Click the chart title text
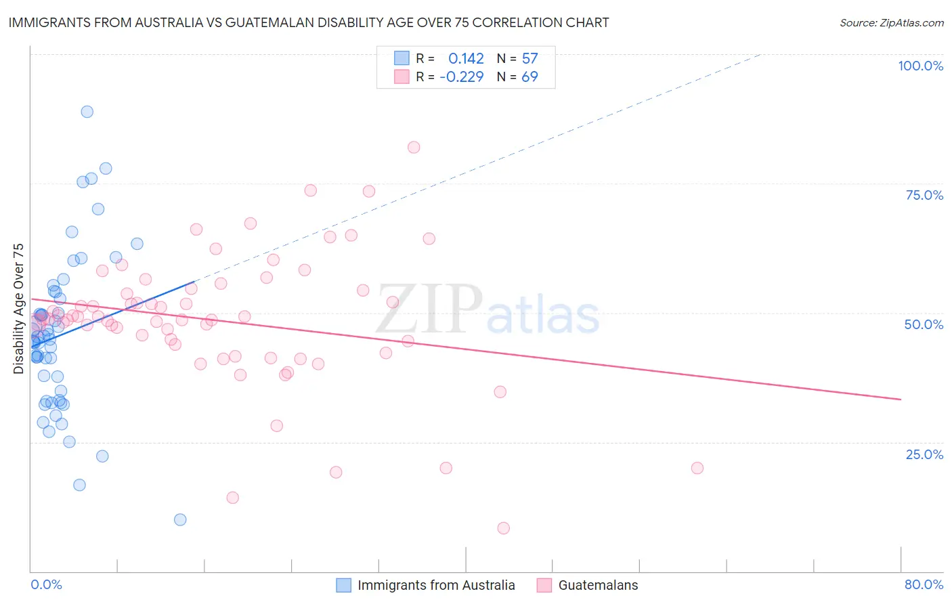309,22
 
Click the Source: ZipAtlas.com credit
891,22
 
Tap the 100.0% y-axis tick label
920,66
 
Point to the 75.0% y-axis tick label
924,195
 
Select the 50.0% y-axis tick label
924,324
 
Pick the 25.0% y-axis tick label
924,454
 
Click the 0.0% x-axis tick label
46,584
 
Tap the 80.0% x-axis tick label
924,584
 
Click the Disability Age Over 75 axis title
18,308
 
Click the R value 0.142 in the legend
466,59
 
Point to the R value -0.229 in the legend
461,77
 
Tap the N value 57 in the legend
529,59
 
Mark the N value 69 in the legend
529,77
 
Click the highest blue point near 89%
87,112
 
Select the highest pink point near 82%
414,148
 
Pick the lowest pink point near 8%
503,528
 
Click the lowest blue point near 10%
180,520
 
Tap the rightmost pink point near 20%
697,468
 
